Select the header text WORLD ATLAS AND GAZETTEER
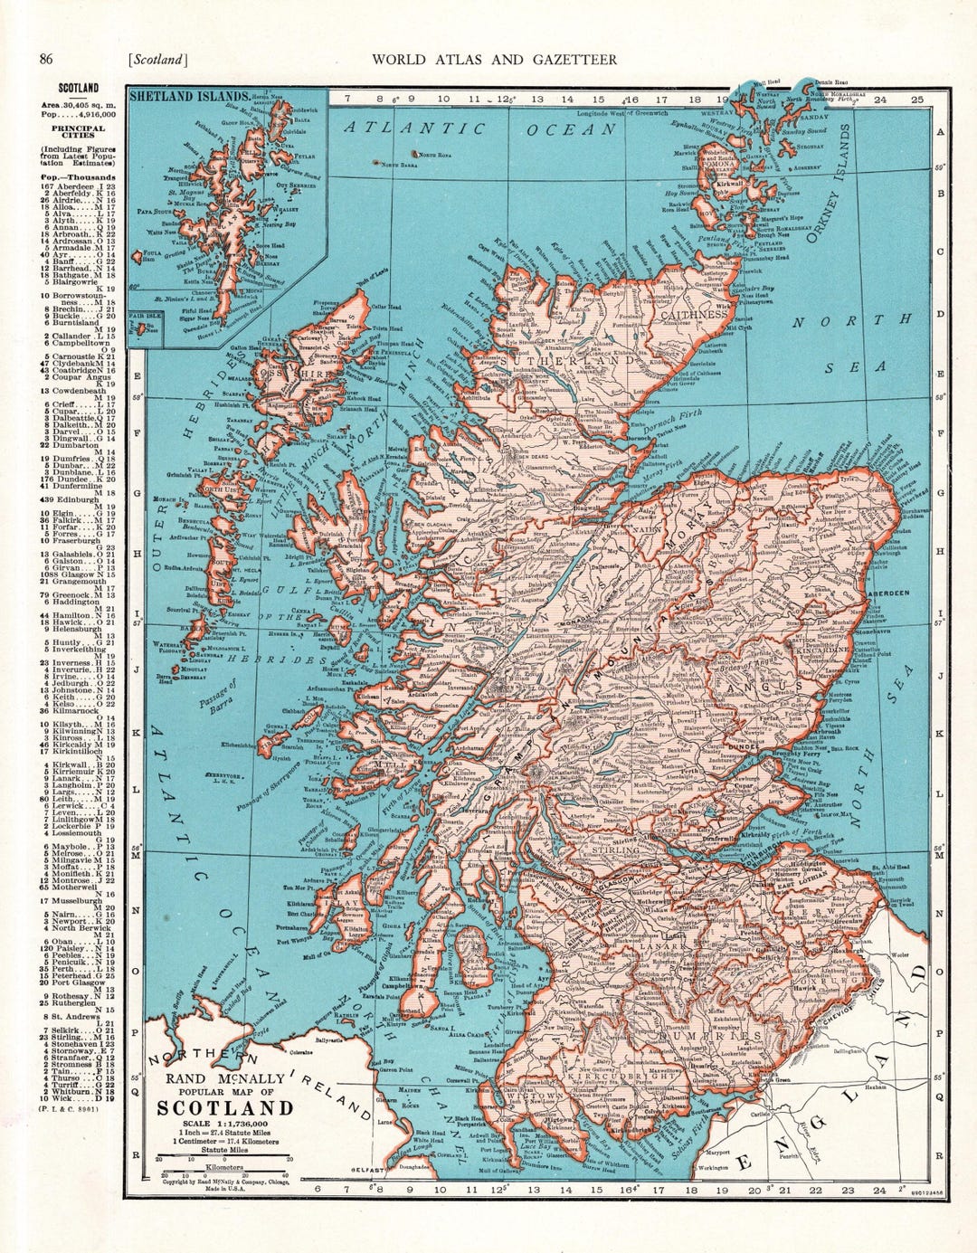[x=494, y=60]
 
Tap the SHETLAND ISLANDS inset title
[x=189, y=96]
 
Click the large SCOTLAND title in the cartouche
[x=225, y=1108]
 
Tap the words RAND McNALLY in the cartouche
[x=223, y=1078]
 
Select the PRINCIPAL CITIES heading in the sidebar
[x=79, y=133]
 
